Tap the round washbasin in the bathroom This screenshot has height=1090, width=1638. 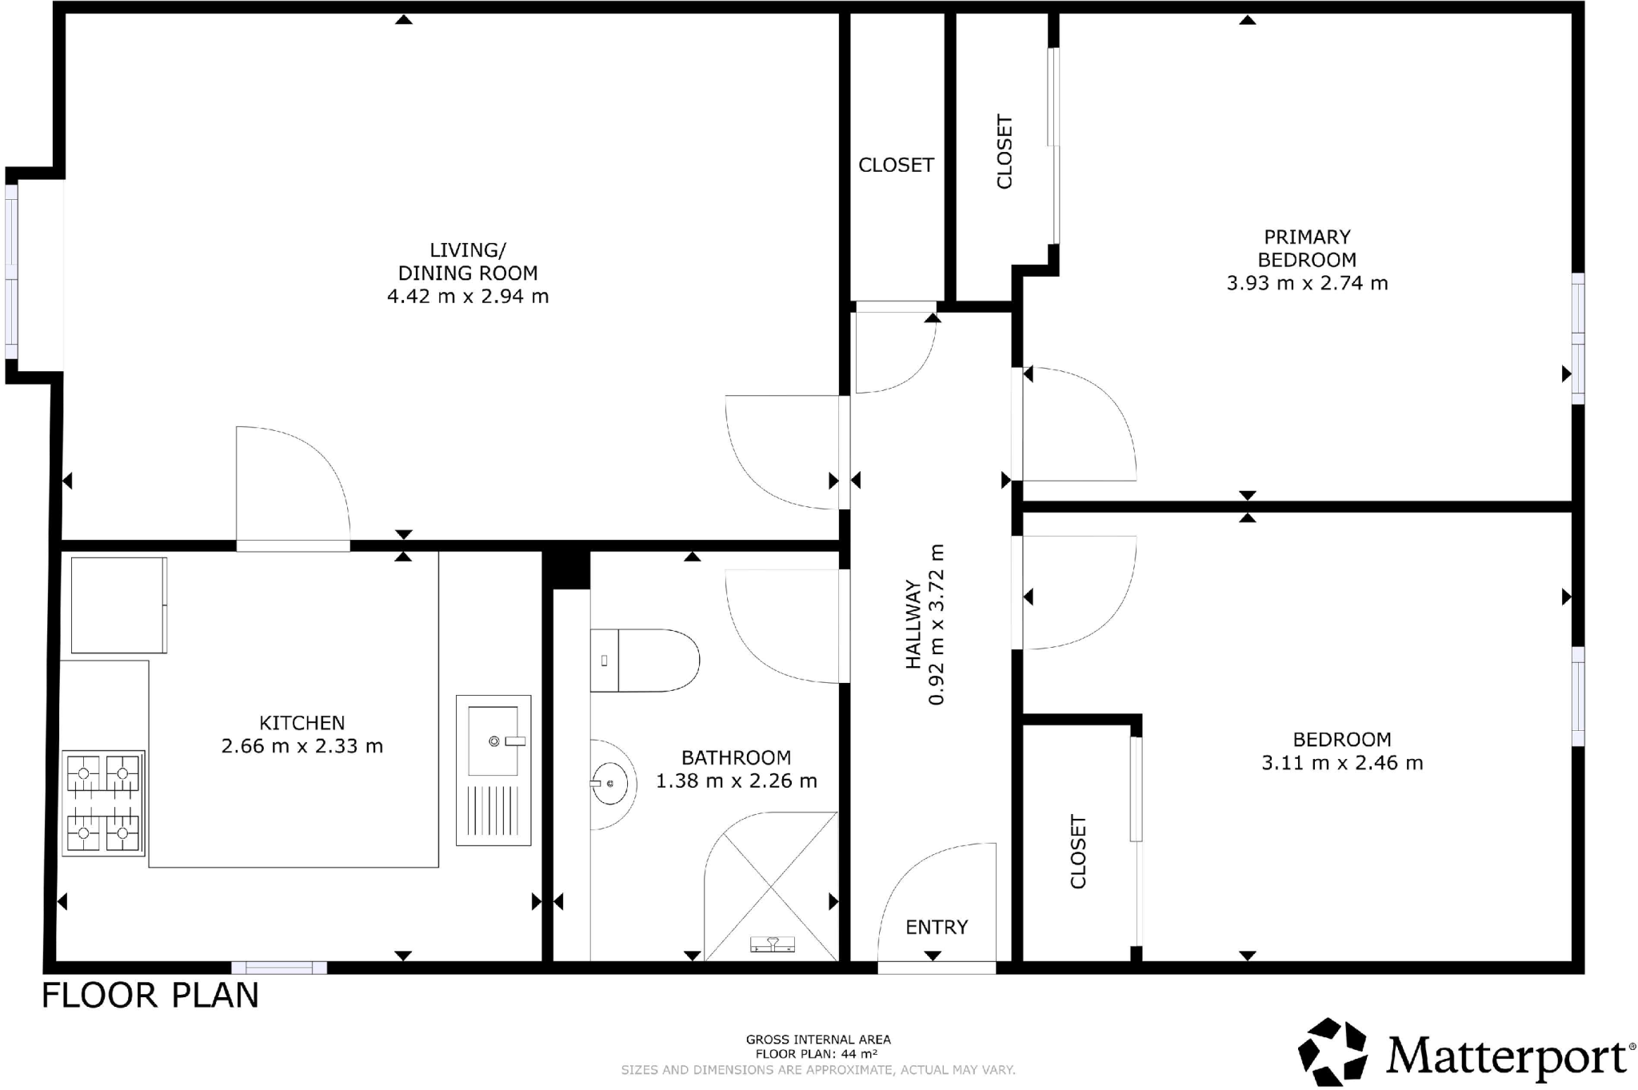(611, 783)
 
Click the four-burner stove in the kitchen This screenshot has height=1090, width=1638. (103, 803)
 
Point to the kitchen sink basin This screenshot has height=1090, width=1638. (493, 741)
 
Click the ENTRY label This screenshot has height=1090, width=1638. (937, 927)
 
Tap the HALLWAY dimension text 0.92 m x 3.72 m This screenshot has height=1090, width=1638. (937, 625)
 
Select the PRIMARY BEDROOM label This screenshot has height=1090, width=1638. (1307, 248)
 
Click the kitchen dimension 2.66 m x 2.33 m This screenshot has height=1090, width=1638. (302, 746)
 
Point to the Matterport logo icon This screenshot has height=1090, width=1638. (1332, 1052)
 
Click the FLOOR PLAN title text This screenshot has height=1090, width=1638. (150, 996)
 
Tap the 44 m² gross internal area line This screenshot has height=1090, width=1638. (817, 1054)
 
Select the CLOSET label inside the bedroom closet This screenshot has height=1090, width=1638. (1078, 852)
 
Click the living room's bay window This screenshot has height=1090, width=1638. (11, 272)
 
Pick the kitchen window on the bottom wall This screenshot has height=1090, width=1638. (279, 968)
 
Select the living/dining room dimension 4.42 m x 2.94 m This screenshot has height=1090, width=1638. (468, 297)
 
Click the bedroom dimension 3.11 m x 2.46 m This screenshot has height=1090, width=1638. (1342, 763)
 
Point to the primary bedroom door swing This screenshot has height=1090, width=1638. (1080, 424)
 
